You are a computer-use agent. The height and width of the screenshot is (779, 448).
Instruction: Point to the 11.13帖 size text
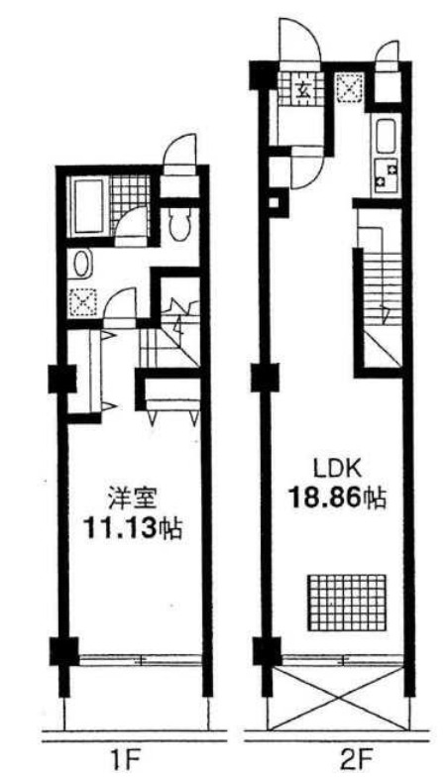133,528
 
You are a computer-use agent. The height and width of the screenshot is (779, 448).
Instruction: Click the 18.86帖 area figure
338,497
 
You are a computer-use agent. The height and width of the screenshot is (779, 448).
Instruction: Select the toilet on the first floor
179,224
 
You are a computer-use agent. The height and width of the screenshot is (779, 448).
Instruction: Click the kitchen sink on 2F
387,138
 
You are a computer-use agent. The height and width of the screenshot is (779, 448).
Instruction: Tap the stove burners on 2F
386,174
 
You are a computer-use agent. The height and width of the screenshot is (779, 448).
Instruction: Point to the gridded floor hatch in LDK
347,603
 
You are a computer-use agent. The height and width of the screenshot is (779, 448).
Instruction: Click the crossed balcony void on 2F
338,699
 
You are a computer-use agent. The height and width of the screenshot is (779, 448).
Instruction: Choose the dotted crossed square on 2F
350,87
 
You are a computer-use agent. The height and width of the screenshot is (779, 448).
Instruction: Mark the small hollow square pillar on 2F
274,202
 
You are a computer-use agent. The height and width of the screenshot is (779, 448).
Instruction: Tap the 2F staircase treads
382,289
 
